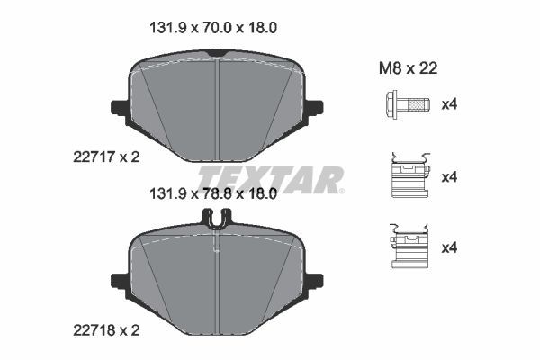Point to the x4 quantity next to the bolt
449,105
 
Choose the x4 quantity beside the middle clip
449,177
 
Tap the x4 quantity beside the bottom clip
449,247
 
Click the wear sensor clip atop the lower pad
216,218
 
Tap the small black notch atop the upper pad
216,56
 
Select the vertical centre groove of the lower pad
217,279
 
